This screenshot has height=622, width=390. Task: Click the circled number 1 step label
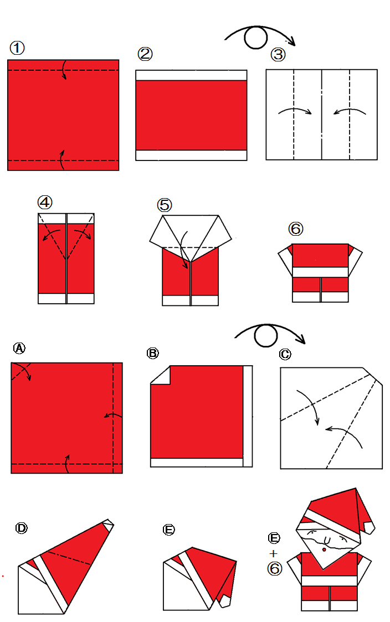coord(17,48)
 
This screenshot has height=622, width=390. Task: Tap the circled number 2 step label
coord(145,54)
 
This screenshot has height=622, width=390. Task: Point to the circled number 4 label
coord(45,203)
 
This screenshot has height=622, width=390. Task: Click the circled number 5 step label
coord(165,205)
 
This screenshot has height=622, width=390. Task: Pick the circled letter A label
coord(19,348)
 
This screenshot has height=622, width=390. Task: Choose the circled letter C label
coord(285,354)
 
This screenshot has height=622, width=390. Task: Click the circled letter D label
coord(22,528)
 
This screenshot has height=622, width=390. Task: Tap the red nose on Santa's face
coord(324,550)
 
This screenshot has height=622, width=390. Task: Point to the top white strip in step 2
coord(191,75)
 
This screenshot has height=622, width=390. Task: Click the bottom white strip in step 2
coord(191,155)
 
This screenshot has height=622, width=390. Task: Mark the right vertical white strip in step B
coord(248,415)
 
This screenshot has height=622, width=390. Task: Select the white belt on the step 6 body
coord(321,272)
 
